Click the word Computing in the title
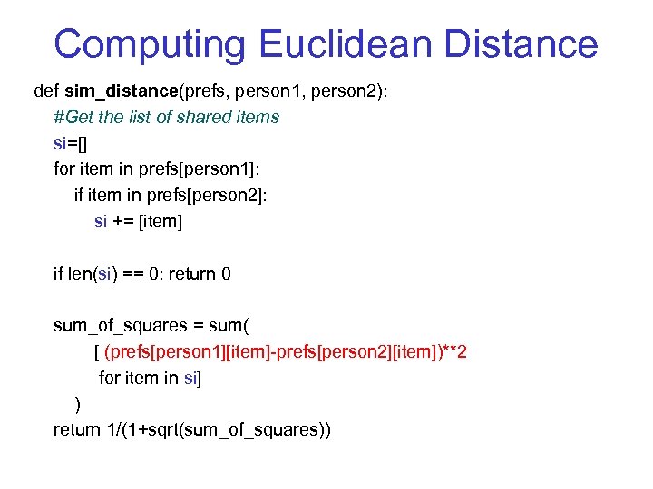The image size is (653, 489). (x=148, y=44)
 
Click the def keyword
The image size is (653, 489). (x=46, y=91)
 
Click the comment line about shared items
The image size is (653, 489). (x=166, y=117)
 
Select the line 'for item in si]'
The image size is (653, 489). (x=150, y=378)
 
